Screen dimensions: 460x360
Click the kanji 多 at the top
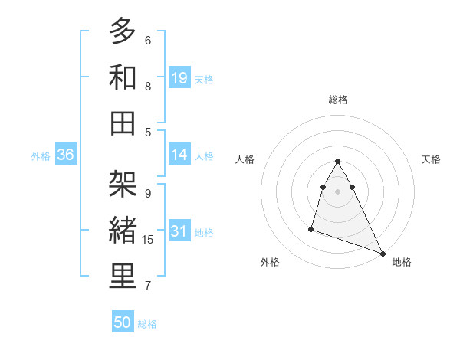click(123, 31)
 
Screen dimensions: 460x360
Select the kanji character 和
click(123, 77)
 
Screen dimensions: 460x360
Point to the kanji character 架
click(123, 185)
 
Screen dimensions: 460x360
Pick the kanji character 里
click(123, 277)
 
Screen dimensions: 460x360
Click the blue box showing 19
click(179, 77)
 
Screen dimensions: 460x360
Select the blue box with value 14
click(179, 155)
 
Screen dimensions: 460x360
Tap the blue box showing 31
click(179, 231)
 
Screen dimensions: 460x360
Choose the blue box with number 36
click(66, 155)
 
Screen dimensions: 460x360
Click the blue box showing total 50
click(123, 322)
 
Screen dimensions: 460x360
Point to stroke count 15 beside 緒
click(149, 240)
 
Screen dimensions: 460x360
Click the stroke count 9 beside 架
click(147, 194)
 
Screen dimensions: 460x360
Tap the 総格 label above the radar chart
click(338, 100)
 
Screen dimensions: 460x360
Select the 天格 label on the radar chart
click(431, 159)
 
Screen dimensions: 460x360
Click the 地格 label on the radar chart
click(402, 262)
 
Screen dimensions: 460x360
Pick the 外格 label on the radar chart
click(270, 262)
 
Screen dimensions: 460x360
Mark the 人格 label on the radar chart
click(245, 159)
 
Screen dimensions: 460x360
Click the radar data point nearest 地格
click(383, 254)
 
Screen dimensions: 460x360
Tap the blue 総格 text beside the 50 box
click(147, 324)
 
